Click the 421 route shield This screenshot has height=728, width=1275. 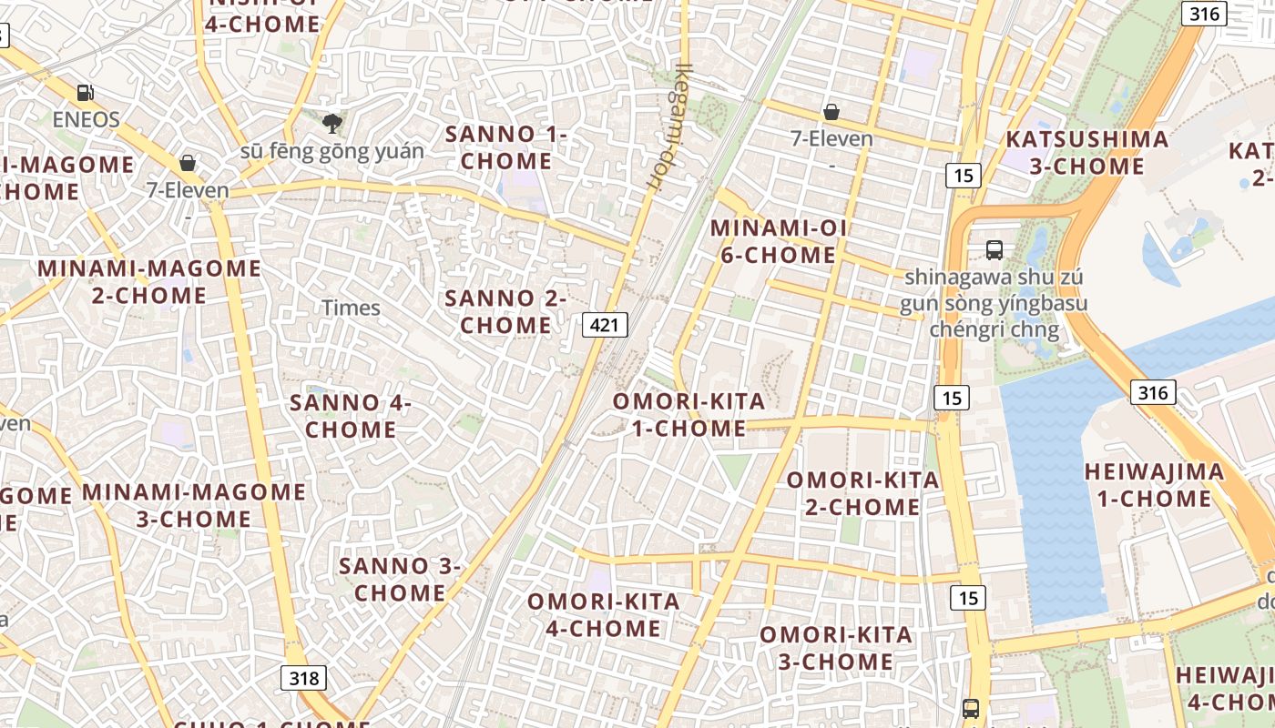[605, 325]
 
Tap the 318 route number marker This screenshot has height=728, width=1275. [303, 678]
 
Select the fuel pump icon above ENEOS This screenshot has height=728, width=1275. [86, 93]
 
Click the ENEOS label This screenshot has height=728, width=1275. [86, 119]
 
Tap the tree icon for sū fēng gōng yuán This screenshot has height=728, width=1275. [332, 123]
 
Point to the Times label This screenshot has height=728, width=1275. [351, 308]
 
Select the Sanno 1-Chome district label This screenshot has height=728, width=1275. [505, 147]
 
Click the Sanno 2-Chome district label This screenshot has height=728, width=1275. [505, 311]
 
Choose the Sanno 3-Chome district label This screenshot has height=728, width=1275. [400, 579]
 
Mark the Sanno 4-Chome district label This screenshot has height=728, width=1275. [351, 415]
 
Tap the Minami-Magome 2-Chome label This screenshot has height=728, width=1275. [149, 281]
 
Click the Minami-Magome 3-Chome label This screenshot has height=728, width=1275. [194, 505]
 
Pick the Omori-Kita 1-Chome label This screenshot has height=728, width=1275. [688, 414]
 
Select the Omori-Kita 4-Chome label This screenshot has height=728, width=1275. [603, 614]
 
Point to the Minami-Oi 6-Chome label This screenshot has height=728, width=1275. [778, 241]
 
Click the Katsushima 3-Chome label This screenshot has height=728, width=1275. [1086, 152]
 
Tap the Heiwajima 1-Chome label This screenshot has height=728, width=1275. [1154, 485]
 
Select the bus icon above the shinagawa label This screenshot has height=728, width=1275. [994, 249]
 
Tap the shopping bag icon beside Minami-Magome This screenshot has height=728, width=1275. [187, 164]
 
